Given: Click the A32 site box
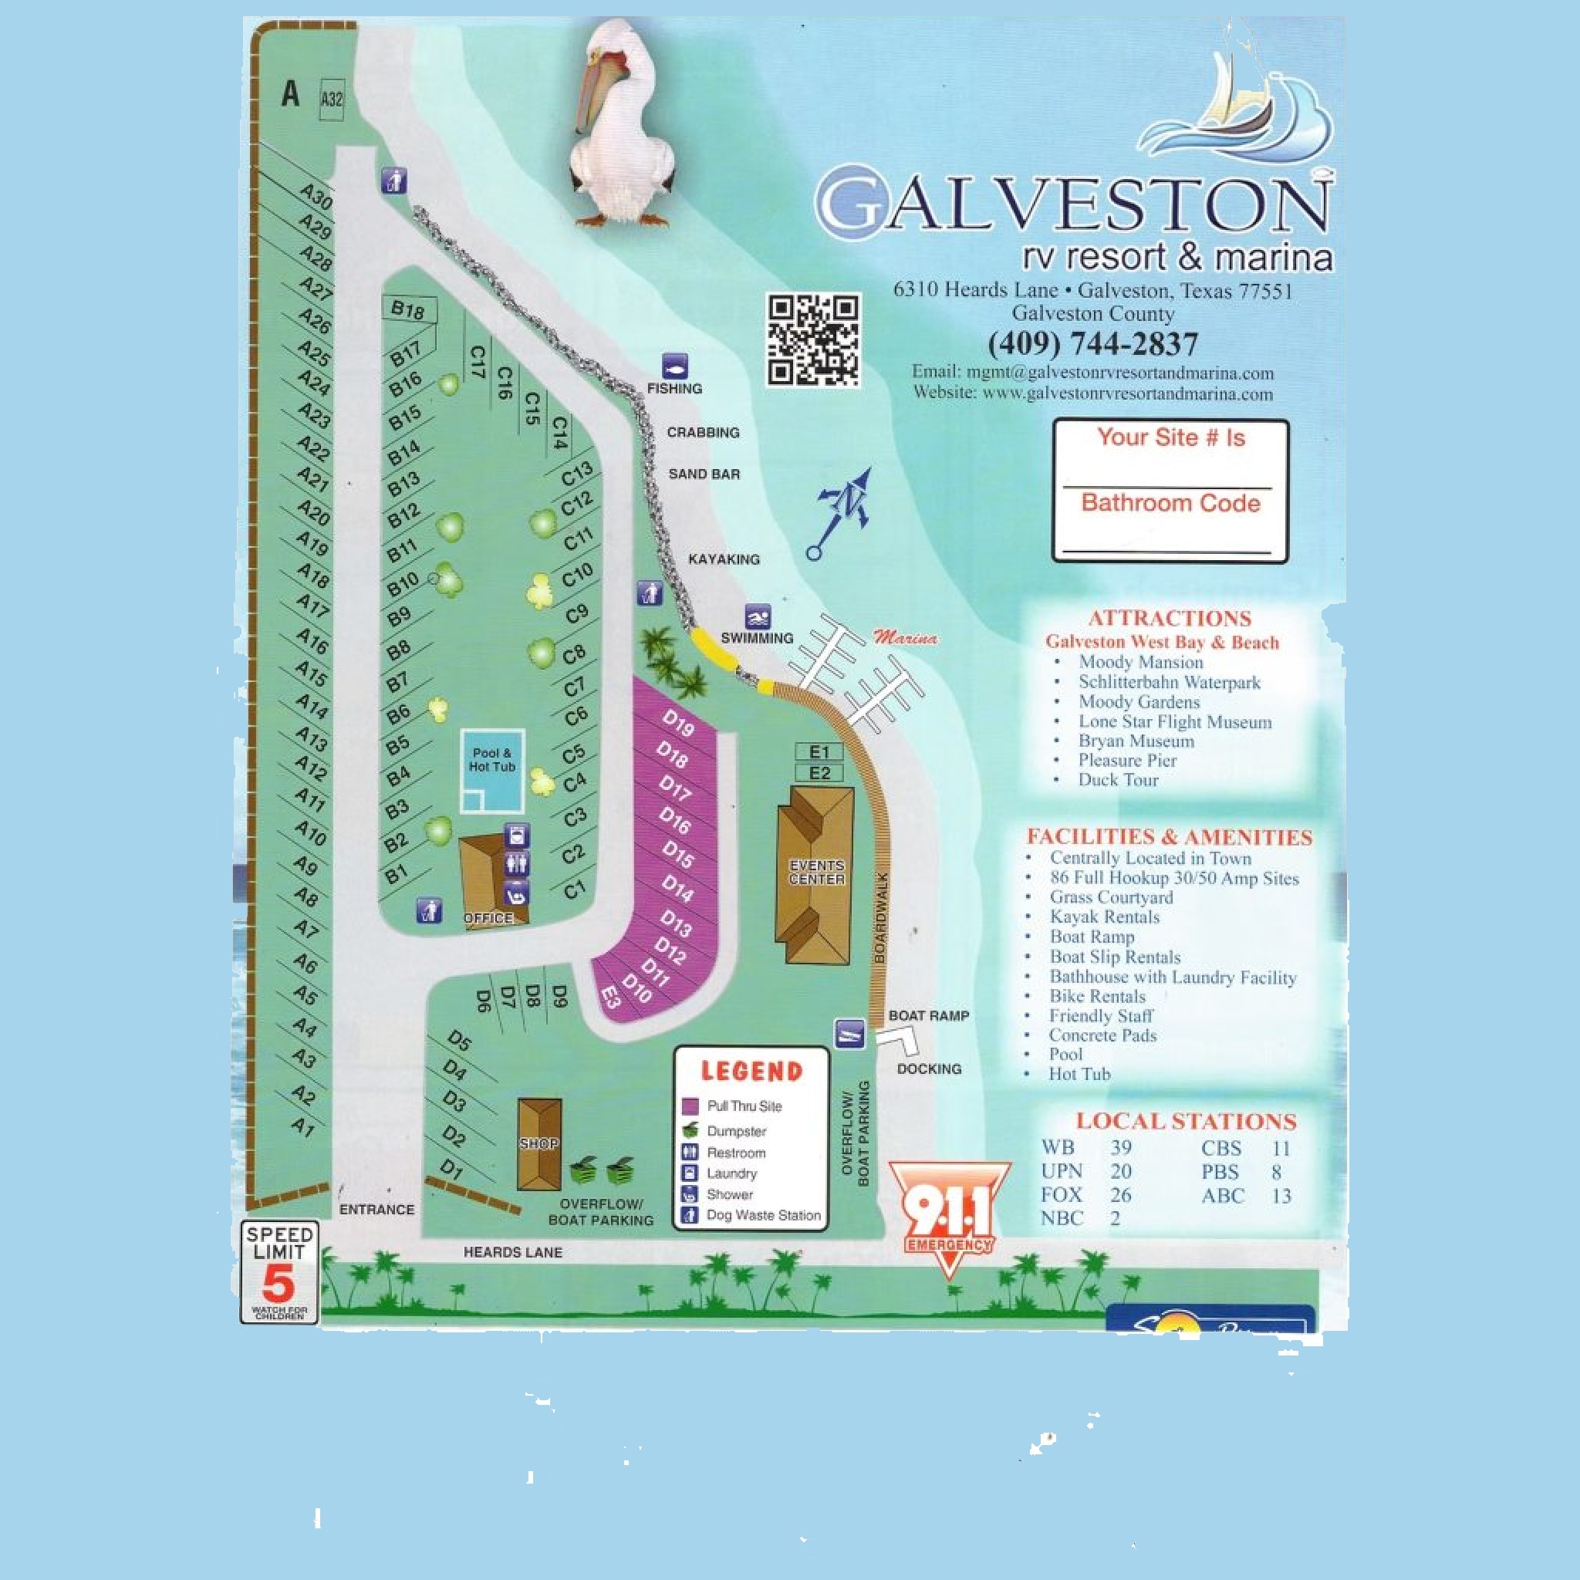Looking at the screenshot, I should pyautogui.click(x=331, y=100).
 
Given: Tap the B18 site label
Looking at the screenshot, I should pyautogui.click(x=407, y=310).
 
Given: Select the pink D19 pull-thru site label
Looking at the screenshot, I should pyautogui.click(x=678, y=723).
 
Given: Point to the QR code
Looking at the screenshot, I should pyautogui.click(x=813, y=339).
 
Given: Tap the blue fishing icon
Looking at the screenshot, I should pyautogui.click(x=675, y=365).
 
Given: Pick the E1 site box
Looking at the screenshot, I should pyautogui.click(x=819, y=752).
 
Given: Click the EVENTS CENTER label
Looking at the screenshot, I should pyautogui.click(x=816, y=872).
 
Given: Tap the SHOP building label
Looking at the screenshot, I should pyautogui.click(x=539, y=1143).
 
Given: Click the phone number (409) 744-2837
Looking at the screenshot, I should pyautogui.click(x=1092, y=343).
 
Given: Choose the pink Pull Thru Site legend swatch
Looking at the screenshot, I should pyautogui.click(x=690, y=1106).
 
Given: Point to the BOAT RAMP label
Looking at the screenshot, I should pyautogui.click(x=928, y=1016).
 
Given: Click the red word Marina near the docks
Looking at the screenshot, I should pyautogui.click(x=905, y=638).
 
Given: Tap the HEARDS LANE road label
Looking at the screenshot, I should pyautogui.click(x=513, y=1252).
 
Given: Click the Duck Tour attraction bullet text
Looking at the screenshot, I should pyautogui.click(x=1118, y=779).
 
